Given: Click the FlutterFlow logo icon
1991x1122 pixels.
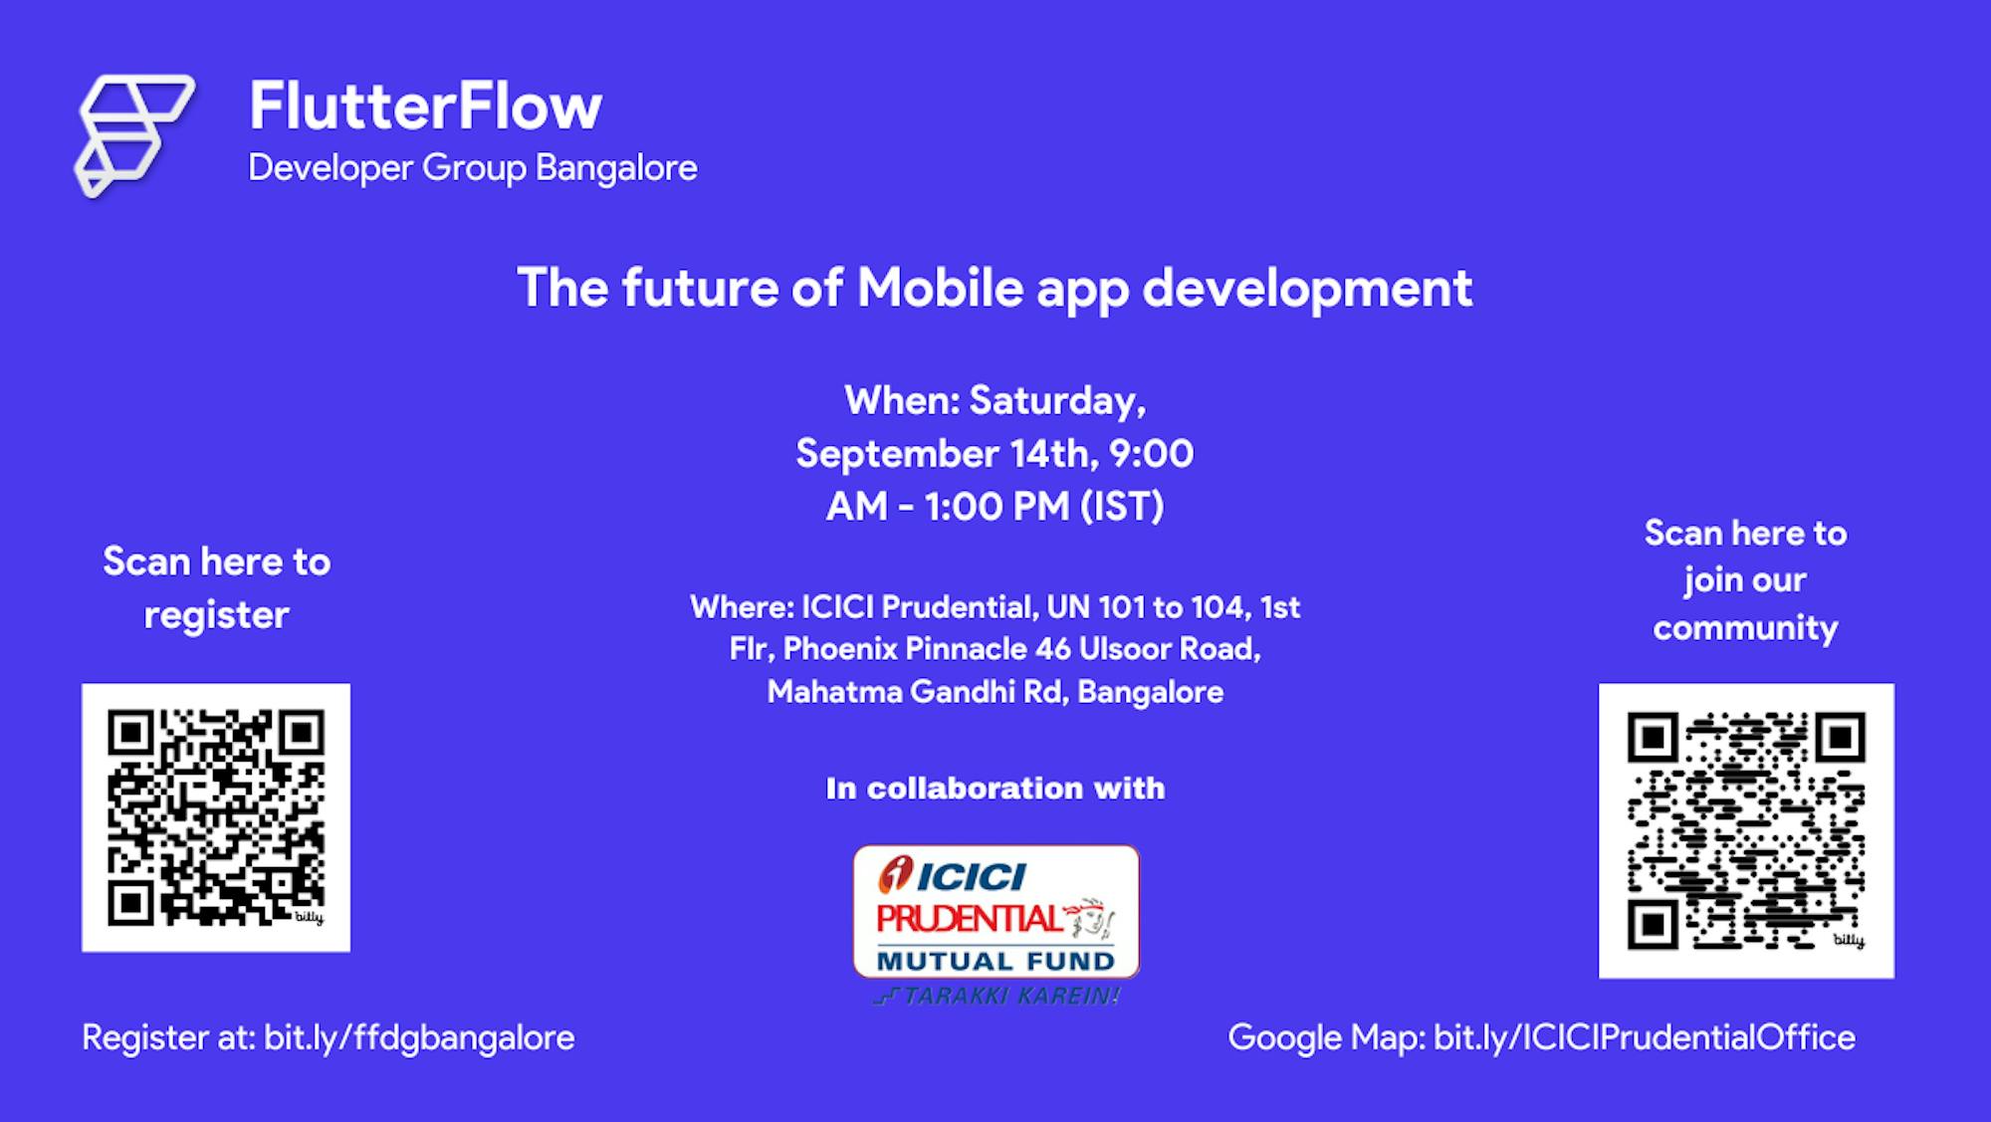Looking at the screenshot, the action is (134, 135).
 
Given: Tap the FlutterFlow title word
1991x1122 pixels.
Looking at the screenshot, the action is (425, 106).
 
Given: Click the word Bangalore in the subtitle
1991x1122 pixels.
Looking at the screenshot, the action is (616, 167).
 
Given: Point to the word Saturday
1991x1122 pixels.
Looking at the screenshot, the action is (1058, 400).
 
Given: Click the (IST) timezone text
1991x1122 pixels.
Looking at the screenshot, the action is (1123, 507).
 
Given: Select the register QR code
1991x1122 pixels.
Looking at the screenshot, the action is (216, 817).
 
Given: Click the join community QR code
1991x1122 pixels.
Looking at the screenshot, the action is (1746, 830).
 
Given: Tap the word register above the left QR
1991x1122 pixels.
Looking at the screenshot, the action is (217, 615).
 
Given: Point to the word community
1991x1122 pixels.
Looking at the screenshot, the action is (1746, 628).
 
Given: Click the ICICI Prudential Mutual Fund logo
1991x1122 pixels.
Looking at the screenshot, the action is (996, 912).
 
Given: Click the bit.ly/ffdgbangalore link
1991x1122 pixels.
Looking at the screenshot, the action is (419, 1037).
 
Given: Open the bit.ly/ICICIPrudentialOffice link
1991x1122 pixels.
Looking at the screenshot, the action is (1645, 1037).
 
